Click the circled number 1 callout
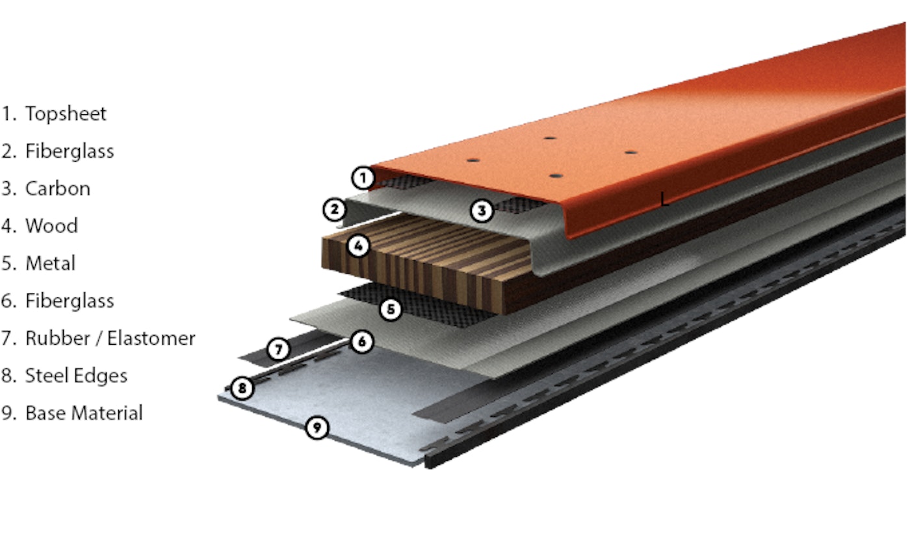[363, 178]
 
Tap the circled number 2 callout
[334, 210]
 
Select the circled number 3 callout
[482, 210]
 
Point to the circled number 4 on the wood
[358, 245]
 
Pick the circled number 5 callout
[391, 309]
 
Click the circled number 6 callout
[361, 342]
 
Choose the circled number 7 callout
[279, 349]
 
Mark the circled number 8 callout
[242, 388]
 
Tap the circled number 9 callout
[317, 427]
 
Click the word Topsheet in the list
[66, 114]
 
